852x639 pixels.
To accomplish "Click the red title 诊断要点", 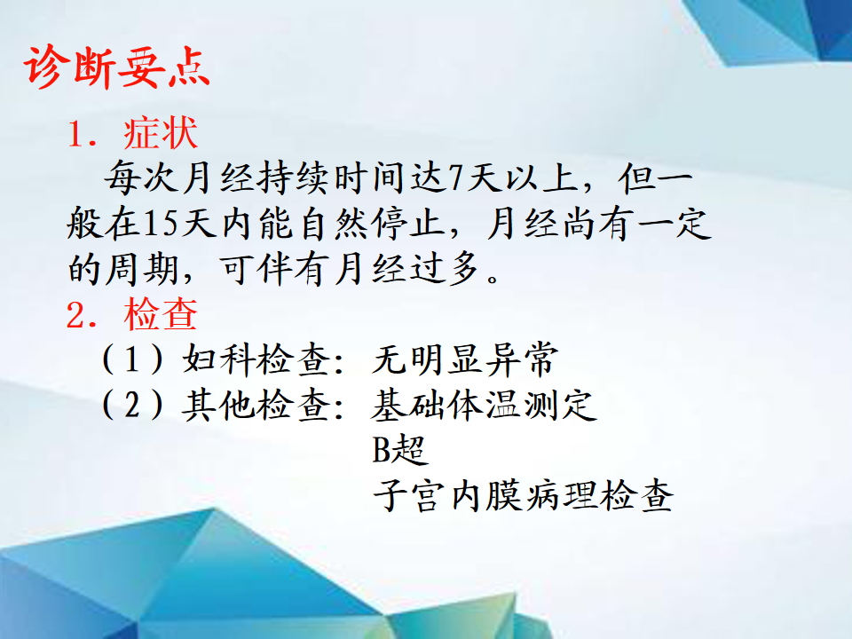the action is (x=116, y=67).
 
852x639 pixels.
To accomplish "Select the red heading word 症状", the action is (x=161, y=133).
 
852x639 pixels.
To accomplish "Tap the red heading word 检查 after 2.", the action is (x=161, y=314).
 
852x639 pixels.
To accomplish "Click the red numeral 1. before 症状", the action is (x=82, y=134).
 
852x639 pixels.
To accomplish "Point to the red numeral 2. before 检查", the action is (x=82, y=315).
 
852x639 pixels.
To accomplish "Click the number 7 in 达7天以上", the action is (x=455, y=178).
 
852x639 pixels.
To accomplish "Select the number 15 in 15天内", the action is (x=161, y=224).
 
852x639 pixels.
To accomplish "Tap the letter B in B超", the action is (x=381, y=450).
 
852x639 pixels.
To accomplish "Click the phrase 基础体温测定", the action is (x=485, y=405).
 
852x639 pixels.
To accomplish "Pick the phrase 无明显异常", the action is (x=465, y=359).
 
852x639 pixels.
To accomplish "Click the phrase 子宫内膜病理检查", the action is (x=524, y=495).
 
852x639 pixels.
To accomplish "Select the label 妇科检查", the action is (x=256, y=359).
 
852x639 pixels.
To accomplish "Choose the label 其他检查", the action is (x=256, y=405).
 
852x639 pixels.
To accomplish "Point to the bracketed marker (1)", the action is (x=132, y=359).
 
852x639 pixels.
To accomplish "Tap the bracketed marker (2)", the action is (x=132, y=405).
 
